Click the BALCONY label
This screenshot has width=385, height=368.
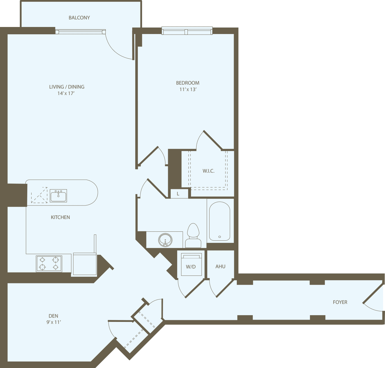tap(79, 18)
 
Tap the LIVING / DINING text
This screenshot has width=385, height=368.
tap(67, 87)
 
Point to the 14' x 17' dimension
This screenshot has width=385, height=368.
tap(66, 93)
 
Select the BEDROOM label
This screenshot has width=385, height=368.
tap(188, 83)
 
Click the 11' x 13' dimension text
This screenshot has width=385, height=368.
tap(188, 89)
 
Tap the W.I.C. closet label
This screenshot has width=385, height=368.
tap(208, 171)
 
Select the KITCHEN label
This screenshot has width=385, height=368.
tap(60, 217)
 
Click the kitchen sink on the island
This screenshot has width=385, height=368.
tap(58, 195)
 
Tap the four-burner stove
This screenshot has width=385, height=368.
tap(49, 263)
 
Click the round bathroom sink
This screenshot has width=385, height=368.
tap(165, 240)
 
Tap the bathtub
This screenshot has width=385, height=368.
tap(220, 221)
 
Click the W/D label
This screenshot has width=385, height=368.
tap(191, 267)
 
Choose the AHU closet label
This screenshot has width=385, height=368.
tap(220, 267)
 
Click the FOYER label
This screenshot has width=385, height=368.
tap(340, 302)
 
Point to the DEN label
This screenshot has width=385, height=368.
tap(53, 316)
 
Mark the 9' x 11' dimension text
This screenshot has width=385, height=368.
tap(54, 322)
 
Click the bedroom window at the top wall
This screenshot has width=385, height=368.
tap(187, 31)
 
